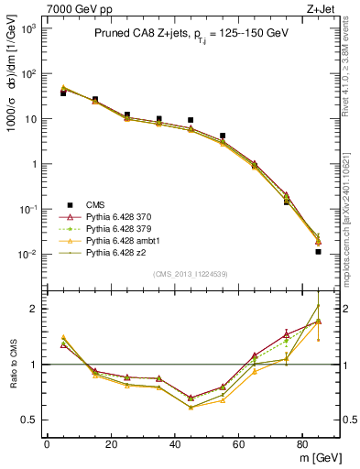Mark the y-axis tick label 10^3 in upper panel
pos(29,29)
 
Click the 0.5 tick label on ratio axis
pos(30,420)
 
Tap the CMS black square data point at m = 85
pos(318,251)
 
